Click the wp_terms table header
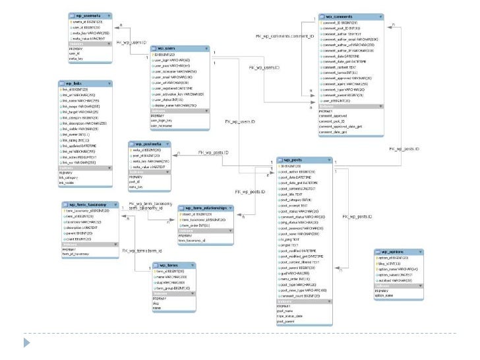[x=167, y=264]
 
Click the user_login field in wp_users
[x=168, y=60]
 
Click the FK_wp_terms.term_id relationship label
[x=142, y=251]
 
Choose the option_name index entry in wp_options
[x=385, y=296]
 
